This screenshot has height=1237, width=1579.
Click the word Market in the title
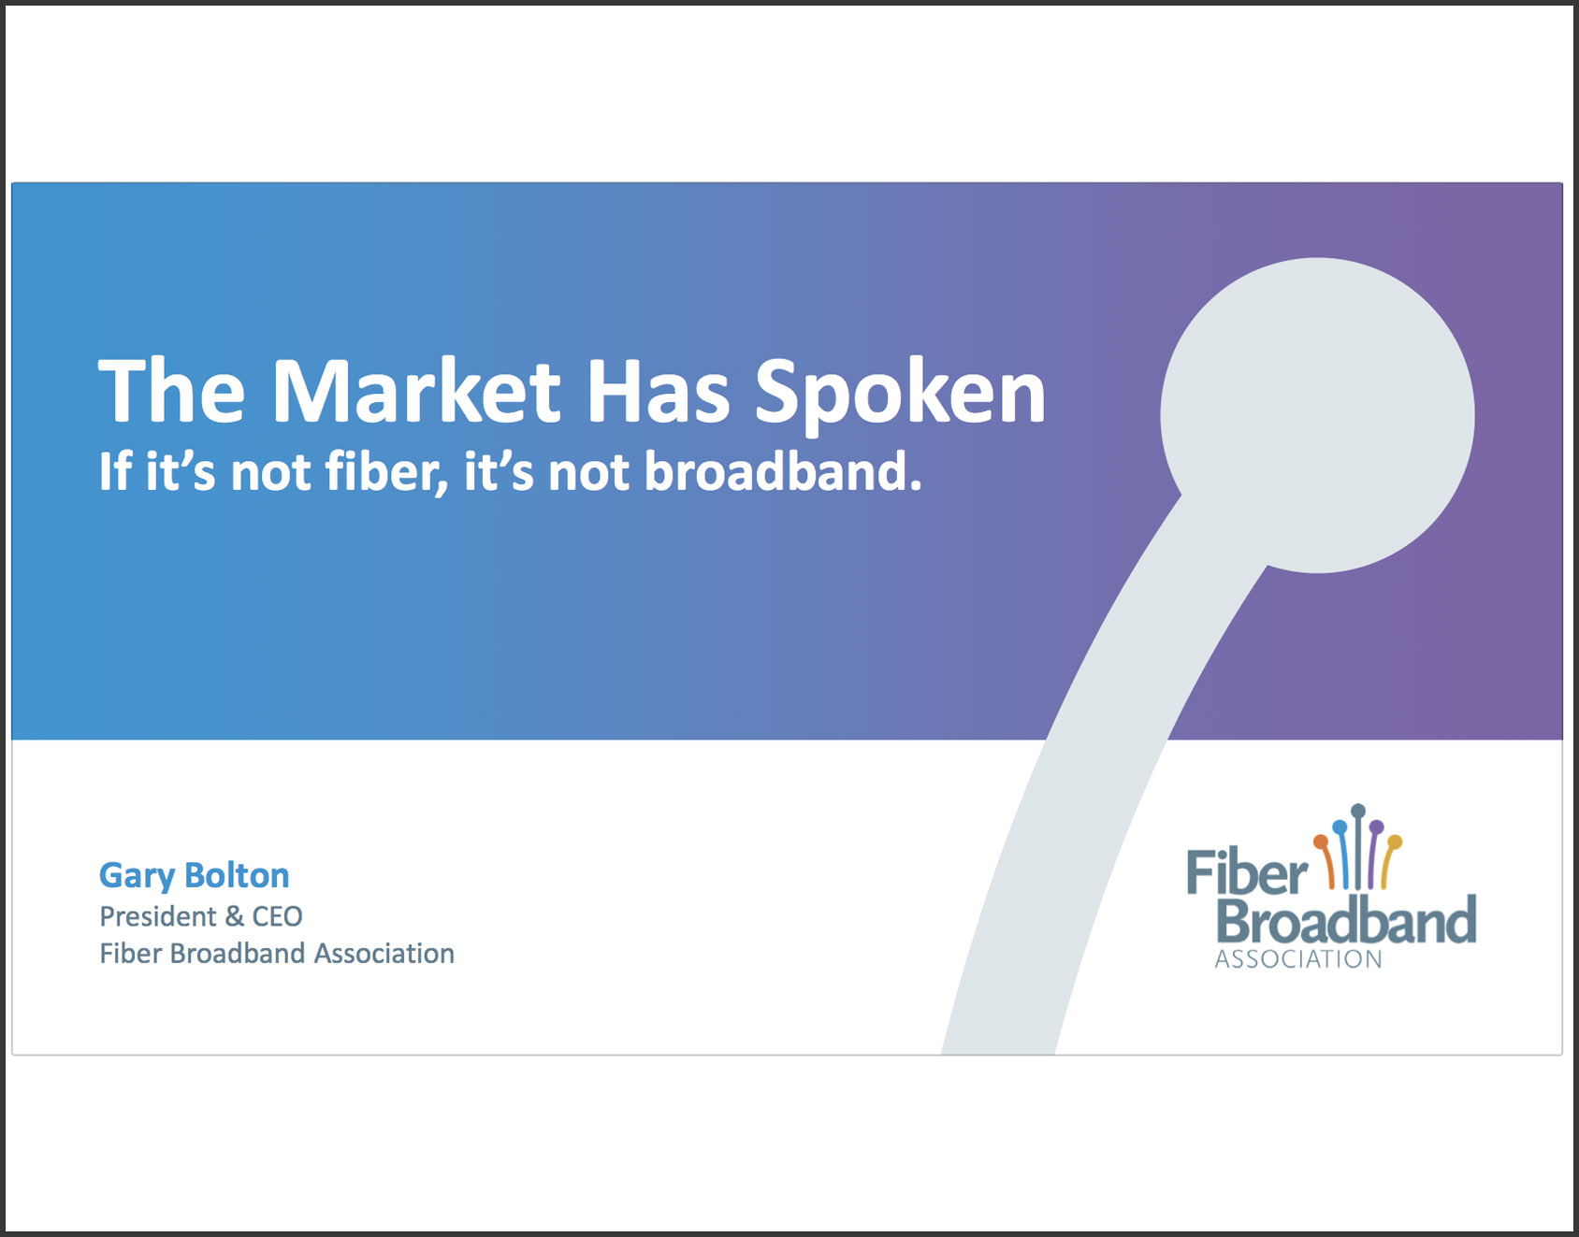[416, 392]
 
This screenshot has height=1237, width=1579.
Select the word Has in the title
[658, 392]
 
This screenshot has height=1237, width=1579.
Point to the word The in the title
[172, 392]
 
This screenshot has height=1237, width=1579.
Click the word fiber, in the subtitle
[386, 472]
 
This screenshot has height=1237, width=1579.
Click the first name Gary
[138, 877]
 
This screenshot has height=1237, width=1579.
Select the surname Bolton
[238, 875]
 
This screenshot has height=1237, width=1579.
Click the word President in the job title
[158, 916]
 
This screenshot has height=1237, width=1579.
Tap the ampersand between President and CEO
[235, 916]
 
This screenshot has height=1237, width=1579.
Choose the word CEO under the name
[278, 916]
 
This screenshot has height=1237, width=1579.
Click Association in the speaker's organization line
[384, 954]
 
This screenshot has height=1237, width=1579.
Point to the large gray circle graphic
[1318, 415]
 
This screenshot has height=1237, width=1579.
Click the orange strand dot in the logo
[1321, 841]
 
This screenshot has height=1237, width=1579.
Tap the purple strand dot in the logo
[1376, 827]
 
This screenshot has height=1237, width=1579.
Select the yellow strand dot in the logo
[1395, 842]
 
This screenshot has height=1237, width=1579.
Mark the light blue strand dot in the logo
[1340, 827]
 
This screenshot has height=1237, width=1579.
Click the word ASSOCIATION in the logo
[1297, 959]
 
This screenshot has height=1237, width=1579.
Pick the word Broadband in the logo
[1346, 921]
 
